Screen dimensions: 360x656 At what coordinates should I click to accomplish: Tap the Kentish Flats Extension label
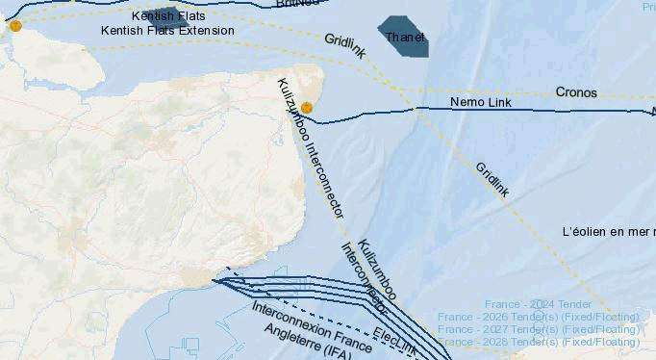coord(167,31)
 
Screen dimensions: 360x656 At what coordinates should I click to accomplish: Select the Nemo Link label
coord(480,102)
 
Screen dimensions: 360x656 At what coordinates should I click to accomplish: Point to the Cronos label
coord(576,93)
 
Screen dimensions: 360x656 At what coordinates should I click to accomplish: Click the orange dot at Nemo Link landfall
coord(306,108)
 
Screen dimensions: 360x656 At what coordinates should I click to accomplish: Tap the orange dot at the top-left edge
coord(15,26)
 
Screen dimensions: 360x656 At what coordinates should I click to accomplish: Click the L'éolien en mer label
coord(608,232)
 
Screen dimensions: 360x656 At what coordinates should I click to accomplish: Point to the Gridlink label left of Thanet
coord(344,45)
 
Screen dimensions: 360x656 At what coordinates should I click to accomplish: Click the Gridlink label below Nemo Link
coord(492,179)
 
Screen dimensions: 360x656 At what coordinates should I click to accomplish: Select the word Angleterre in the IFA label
coord(293,334)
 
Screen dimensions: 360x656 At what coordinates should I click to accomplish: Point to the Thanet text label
coord(405,38)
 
